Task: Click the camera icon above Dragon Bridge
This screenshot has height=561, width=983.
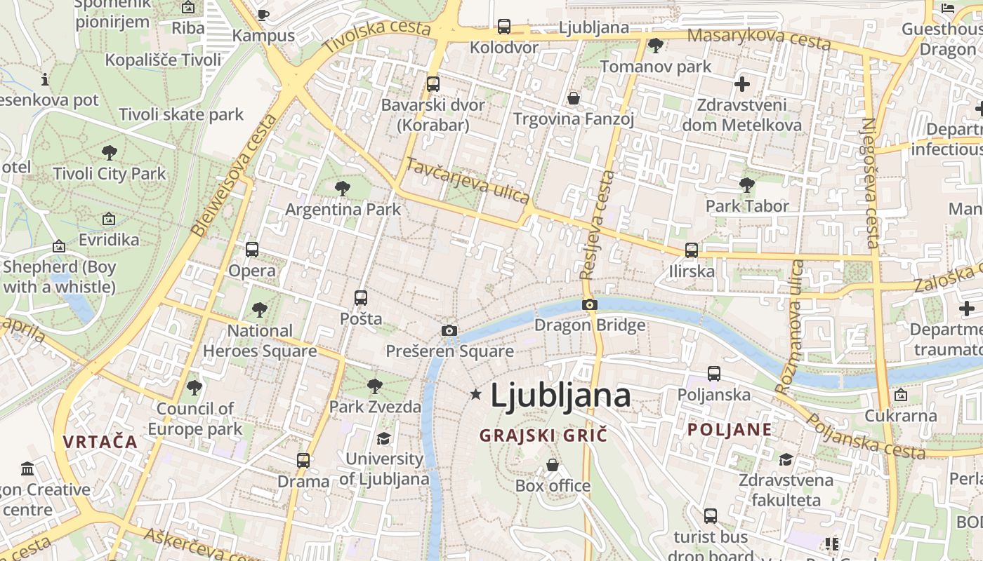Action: tap(590, 304)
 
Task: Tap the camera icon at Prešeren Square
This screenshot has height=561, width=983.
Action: tap(449, 330)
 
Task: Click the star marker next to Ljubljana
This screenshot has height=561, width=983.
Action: tap(476, 395)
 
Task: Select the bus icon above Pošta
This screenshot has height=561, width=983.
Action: tap(361, 298)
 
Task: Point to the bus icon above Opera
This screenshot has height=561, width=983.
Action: tap(252, 250)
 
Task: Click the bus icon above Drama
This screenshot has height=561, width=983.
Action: tap(303, 461)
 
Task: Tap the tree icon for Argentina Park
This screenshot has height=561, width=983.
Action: tap(343, 188)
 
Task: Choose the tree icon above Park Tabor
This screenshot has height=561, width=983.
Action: tap(747, 185)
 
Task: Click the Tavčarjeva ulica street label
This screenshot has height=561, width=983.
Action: tap(468, 181)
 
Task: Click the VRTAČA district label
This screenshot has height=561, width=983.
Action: tap(100, 442)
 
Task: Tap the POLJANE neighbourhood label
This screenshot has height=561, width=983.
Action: tap(730, 430)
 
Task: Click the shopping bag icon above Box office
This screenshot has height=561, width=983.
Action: tap(553, 465)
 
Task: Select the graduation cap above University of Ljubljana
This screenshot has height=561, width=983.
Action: tap(383, 439)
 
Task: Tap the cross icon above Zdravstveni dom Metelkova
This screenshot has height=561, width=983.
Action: tap(742, 85)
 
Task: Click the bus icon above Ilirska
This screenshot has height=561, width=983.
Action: tap(692, 250)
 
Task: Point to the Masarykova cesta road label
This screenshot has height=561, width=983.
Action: tap(758, 39)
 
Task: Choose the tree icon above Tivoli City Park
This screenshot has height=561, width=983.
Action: tap(109, 152)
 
